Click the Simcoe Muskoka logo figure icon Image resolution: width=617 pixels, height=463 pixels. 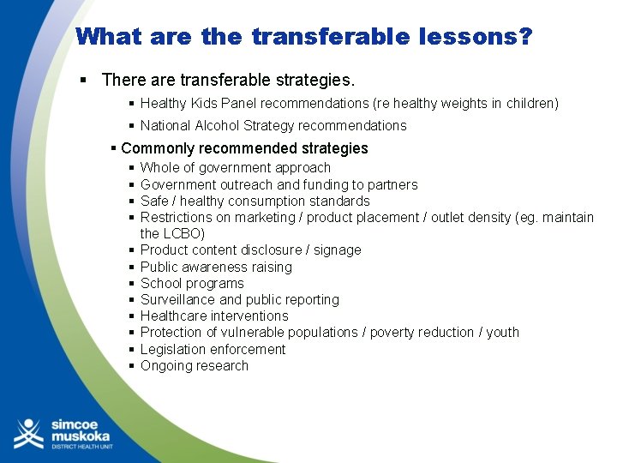coord(28,433)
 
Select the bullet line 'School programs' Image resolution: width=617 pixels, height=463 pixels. coord(192,283)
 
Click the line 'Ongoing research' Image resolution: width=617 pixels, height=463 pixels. coord(195,365)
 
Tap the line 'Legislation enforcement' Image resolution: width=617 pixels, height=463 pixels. coord(213,349)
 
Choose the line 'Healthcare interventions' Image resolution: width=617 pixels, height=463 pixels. coord(214,316)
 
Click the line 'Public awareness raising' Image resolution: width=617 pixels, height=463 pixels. coord(216,267)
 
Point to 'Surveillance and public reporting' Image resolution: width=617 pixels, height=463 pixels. coord(240,299)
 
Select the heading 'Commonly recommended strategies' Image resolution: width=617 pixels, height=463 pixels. coord(244,148)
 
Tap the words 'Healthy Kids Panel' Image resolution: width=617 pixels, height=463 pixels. coord(199,104)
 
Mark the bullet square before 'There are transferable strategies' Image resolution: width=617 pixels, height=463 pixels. coord(85,81)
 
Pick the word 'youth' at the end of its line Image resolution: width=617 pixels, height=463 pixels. coord(502,332)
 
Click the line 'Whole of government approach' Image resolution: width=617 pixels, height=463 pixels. coord(235,168)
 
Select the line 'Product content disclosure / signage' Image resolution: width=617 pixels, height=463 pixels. coord(251,250)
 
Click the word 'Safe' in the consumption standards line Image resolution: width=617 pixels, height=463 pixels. coord(155,201)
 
